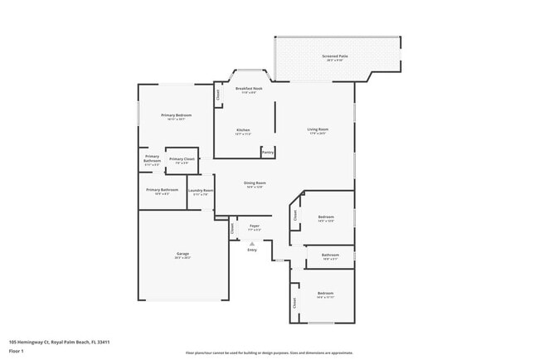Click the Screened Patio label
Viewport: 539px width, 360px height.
pos(336,56)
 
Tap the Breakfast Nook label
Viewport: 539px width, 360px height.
pos(249,88)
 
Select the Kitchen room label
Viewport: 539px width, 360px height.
pos(243,130)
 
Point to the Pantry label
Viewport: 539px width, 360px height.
pos(268,152)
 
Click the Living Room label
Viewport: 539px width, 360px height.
pos(318,129)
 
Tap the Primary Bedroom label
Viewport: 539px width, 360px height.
pos(177,114)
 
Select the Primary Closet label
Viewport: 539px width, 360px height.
pos(182,158)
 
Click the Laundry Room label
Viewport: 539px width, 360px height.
pos(201,191)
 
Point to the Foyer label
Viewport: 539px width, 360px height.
pos(255,225)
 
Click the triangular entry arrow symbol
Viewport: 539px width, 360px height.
pos(252,243)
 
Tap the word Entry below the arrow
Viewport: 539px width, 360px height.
pos(252,250)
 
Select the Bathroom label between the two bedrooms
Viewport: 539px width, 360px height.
pos(330,255)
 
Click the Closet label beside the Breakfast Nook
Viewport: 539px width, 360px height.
pos(219,96)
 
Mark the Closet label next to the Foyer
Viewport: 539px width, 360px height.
pos(232,226)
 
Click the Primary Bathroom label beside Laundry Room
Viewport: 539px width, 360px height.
pos(163,190)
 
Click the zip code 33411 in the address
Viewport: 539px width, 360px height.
pos(103,341)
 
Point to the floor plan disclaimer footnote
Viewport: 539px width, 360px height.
pos(269,353)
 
